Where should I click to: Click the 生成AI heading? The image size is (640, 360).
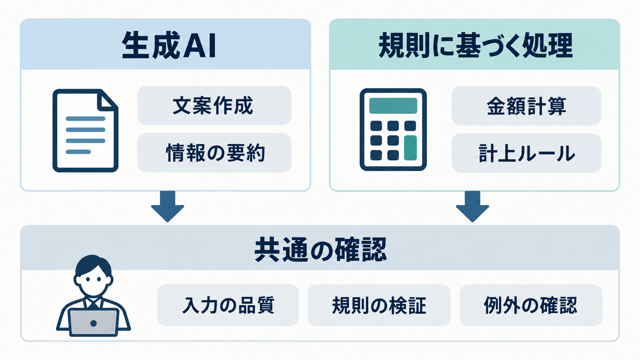pyautogui.click(x=169, y=46)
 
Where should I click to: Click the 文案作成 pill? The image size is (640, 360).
pyautogui.click(x=214, y=106)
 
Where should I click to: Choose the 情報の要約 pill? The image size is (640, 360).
pyautogui.click(x=214, y=153)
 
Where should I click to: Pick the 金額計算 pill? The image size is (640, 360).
pyautogui.click(x=526, y=106)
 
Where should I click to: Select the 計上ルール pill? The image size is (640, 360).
pyautogui.click(x=526, y=153)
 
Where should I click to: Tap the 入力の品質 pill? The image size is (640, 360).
pyautogui.click(x=228, y=305)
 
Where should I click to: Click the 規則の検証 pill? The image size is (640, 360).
pyautogui.click(x=379, y=305)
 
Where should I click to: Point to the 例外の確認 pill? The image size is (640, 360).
pyautogui.click(x=531, y=305)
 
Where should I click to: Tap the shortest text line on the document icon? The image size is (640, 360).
pyautogui.click(x=78, y=152)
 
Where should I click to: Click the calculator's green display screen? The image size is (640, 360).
pyautogui.click(x=393, y=106)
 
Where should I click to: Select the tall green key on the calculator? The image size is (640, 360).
pyautogui.click(x=410, y=148)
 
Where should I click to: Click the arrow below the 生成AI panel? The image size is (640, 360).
pyautogui.click(x=167, y=206)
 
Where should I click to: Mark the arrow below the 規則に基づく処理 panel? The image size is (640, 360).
pyautogui.click(x=472, y=206)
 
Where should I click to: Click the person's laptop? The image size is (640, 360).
pyautogui.click(x=93, y=323)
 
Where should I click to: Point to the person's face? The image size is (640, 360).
pyautogui.click(x=93, y=281)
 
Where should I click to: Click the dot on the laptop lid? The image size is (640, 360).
pyautogui.click(x=93, y=323)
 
